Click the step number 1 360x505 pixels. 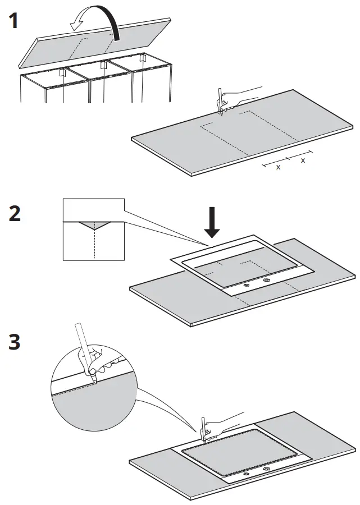tap(13, 22)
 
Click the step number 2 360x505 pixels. tap(15, 213)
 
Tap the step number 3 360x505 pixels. tap(15, 342)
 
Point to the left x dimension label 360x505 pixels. tap(278, 167)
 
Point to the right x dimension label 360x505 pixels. tap(303, 160)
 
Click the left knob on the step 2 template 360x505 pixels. tap(246, 284)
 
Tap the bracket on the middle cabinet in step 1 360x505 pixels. tap(103, 66)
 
